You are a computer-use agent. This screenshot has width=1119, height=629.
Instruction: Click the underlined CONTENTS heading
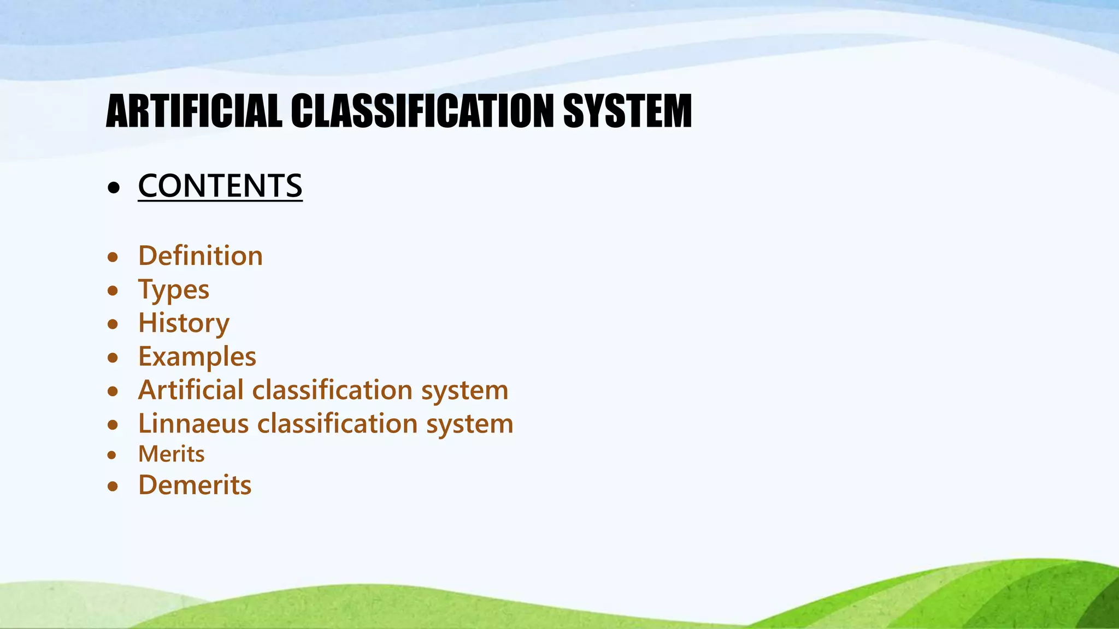coord(220,186)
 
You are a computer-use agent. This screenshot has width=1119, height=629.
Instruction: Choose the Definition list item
coord(201,256)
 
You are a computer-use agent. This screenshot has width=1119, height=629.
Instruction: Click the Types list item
coord(174,289)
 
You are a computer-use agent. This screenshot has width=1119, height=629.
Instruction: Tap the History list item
coord(184,323)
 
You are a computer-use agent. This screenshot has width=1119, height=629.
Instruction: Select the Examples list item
coord(197,357)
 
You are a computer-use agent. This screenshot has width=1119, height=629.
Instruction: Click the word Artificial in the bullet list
coord(191,390)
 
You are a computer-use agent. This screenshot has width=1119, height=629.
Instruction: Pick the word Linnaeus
coord(193,424)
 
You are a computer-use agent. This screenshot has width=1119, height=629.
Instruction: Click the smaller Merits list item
coord(172,454)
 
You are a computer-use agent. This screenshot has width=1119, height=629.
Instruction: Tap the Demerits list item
coord(195,485)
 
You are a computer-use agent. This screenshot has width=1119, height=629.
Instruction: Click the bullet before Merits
coord(112,455)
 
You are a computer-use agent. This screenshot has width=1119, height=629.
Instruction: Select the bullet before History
coord(113,324)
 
